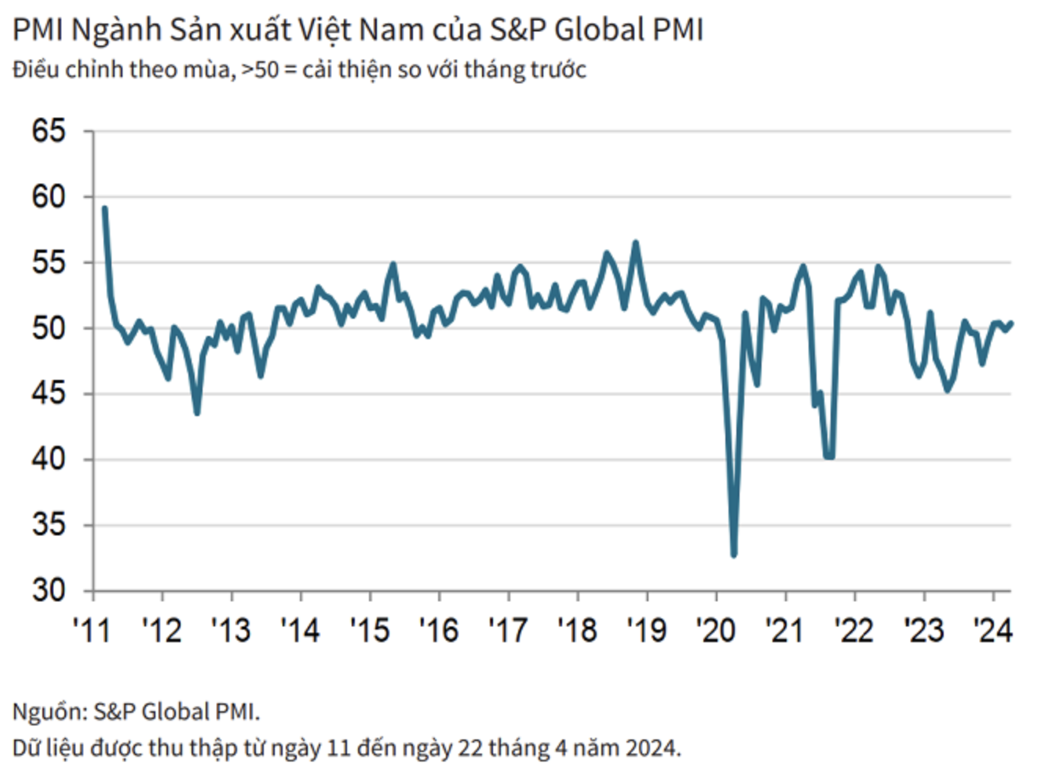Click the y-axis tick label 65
48,130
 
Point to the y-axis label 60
48,197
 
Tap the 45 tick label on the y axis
48,393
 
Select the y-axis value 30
48,590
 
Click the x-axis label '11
92,630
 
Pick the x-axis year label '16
439,630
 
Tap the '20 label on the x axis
716,630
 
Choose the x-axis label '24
992,630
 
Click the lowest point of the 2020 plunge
734,555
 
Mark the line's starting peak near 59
104,208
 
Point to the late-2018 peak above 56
636,243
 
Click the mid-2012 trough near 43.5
197,413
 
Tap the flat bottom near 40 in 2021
829,456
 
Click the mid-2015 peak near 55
393,264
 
